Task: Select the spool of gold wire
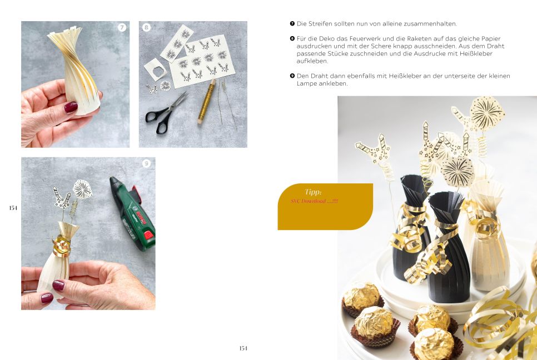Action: click(x=206, y=102)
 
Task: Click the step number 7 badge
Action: click(x=122, y=27)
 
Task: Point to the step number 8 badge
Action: click(x=147, y=27)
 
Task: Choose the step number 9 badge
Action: click(x=147, y=163)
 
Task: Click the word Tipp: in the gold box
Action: click(x=313, y=192)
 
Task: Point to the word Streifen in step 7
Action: click(x=321, y=24)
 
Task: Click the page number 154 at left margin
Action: click(x=13, y=208)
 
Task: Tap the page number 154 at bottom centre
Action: click(x=243, y=348)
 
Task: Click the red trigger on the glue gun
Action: click(x=148, y=236)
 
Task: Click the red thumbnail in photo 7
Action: click(x=71, y=107)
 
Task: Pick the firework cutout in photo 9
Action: click(x=82, y=189)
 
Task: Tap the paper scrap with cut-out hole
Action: click(x=156, y=70)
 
